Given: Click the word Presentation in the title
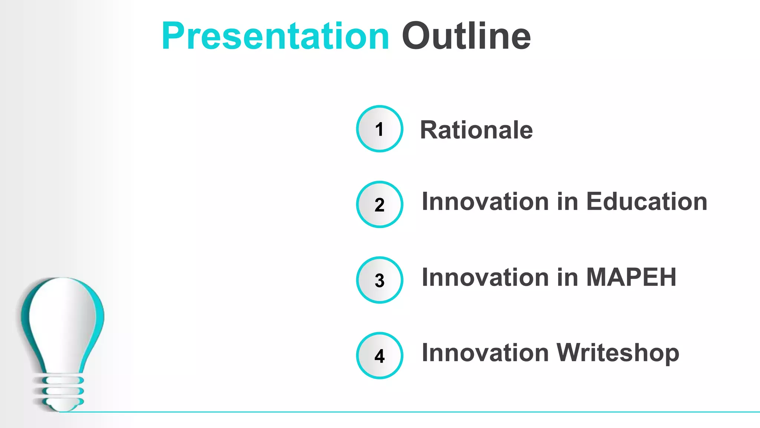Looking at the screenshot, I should point(275,36).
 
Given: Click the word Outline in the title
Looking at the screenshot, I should point(466,36).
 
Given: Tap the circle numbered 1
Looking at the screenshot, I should point(379,129).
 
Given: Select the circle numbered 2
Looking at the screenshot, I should point(379,204).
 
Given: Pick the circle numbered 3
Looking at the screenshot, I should point(379,280).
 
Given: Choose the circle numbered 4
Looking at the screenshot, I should point(379,356).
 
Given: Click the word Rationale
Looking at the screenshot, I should point(476,130).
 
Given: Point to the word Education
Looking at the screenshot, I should point(646,202).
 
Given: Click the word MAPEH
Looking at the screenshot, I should point(631,277).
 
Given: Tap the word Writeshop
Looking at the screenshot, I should point(618,353).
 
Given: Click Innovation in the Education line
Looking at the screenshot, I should point(485,202).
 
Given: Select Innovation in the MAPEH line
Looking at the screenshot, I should point(485,277).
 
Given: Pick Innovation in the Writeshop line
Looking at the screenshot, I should point(485,353).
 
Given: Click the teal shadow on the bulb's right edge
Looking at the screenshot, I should point(99,316).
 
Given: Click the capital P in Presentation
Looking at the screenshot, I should point(173,36).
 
